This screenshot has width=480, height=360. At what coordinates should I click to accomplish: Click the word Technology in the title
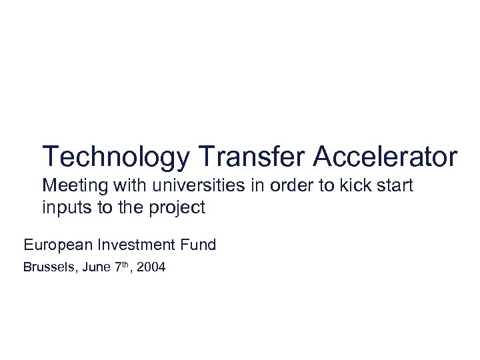click(116, 157)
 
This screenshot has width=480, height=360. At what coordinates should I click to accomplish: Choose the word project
click(177, 208)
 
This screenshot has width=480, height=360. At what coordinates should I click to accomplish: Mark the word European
click(59, 245)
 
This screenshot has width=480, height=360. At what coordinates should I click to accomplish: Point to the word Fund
click(199, 245)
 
